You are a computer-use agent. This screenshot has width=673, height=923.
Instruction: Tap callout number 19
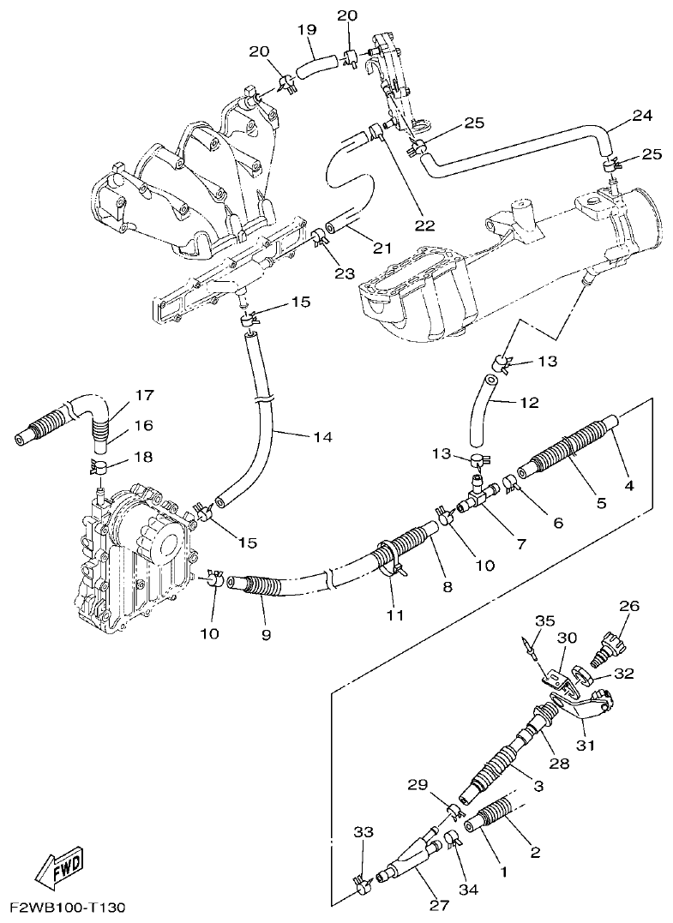click(306, 30)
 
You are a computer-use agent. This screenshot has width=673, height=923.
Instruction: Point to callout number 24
click(642, 115)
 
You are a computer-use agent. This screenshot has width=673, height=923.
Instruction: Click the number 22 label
click(424, 226)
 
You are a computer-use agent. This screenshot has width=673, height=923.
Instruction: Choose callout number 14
click(321, 437)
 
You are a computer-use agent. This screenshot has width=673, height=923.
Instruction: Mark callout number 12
click(528, 401)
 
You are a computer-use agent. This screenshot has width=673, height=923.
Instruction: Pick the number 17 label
click(143, 395)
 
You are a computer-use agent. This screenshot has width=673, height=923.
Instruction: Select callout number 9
click(265, 634)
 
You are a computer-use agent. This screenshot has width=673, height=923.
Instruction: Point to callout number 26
click(629, 606)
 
